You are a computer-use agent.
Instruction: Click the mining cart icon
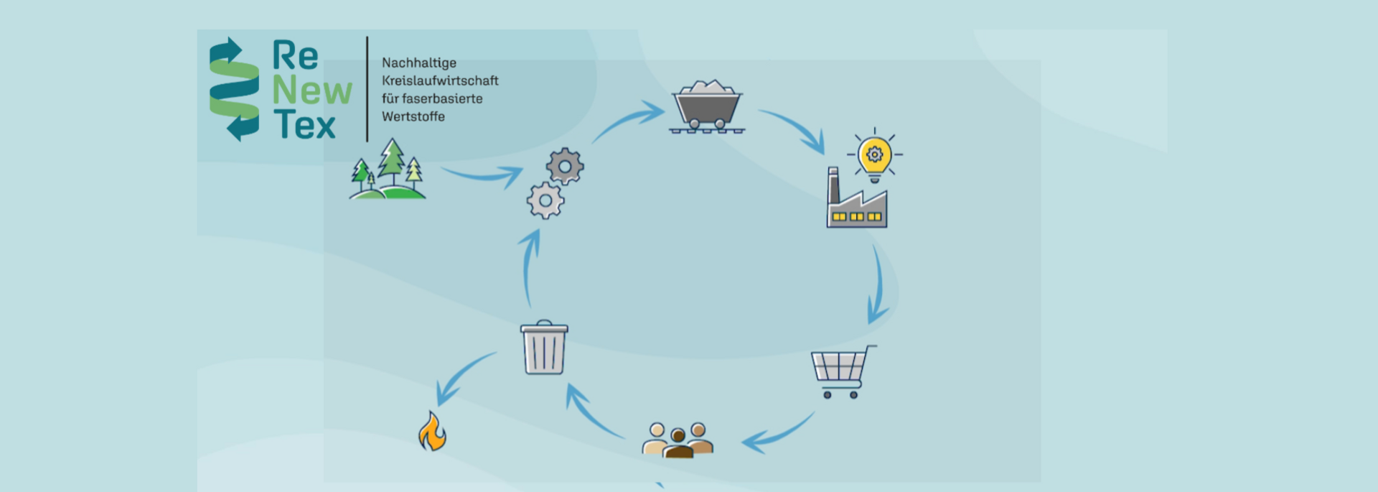707,106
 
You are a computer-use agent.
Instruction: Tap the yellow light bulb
874,156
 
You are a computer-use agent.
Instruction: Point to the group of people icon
678,440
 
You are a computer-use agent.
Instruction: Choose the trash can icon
544,348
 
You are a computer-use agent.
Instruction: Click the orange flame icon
432,432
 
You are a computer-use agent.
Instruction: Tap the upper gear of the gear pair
565,167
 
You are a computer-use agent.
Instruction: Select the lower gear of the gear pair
545,200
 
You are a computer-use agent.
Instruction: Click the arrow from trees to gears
483,175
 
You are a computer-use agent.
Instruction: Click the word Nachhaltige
419,63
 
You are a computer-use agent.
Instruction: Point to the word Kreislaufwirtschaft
440,81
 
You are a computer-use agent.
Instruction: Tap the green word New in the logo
312,91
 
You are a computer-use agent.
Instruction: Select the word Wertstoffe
413,116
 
